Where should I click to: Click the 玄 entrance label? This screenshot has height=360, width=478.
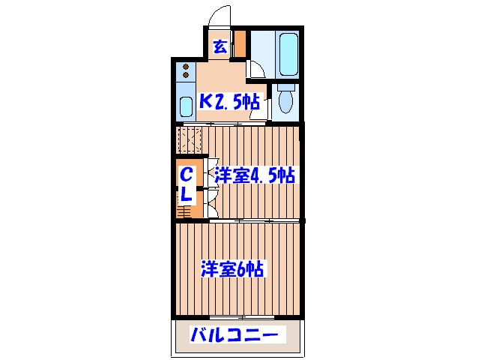[x=220, y=46]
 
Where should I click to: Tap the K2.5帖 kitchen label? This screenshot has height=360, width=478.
[x=229, y=100]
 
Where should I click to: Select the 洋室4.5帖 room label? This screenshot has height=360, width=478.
[x=254, y=176]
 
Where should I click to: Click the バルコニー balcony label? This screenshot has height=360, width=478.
[x=234, y=334]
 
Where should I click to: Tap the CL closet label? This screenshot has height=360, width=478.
[x=187, y=184]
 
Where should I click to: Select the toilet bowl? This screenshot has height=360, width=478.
[x=285, y=100]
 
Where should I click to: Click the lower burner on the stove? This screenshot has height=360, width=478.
[x=186, y=76]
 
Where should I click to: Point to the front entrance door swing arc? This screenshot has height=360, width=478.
[x=220, y=16]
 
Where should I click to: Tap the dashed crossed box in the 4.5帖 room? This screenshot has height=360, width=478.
[x=190, y=139]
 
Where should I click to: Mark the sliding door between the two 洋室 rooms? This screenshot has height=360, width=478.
[x=240, y=220]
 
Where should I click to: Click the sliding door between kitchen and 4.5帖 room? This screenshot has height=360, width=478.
[x=240, y=123]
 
